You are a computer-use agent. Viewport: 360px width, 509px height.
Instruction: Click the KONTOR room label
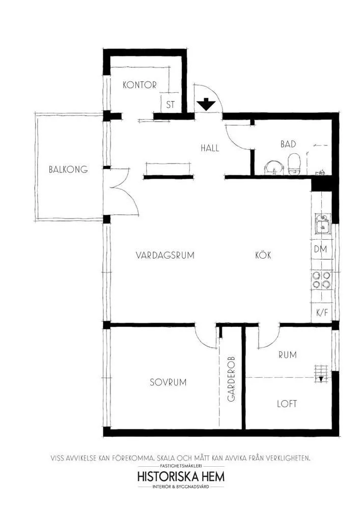click(x=139, y=85)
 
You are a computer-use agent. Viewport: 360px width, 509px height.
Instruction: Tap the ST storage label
click(x=171, y=105)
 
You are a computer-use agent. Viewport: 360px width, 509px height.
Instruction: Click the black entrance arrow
click(x=206, y=104)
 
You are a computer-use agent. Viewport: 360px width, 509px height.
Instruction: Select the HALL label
click(x=209, y=148)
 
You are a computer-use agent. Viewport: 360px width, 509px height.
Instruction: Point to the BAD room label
click(x=288, y=145)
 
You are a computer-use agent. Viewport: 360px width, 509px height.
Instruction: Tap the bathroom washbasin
click(x=274, y=167)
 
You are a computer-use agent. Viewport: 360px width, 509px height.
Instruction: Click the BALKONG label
click(x=68, y=169)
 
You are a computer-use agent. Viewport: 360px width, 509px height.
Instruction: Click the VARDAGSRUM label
click(x=165, y=256)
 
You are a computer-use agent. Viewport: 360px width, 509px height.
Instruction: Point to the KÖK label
click(x=263, y=256)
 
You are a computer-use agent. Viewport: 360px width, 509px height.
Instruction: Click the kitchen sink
click(x=321, y=224)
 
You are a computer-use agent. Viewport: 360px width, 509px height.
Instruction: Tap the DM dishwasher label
click(x=321, y=249)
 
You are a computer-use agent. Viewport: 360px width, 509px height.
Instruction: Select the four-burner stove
click(x=321, y=280)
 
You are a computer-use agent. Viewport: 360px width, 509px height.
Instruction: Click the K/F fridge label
click(x=322, y=313)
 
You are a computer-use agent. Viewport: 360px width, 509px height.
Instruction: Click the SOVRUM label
click(x=168, y=382)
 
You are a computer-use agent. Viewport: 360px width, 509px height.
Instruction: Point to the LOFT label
click(x=287, y=404)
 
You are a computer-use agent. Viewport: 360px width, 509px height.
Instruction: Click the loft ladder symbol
click(x=320, y=373)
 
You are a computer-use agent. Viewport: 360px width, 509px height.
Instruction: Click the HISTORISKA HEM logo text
click(x=181, y=476)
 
